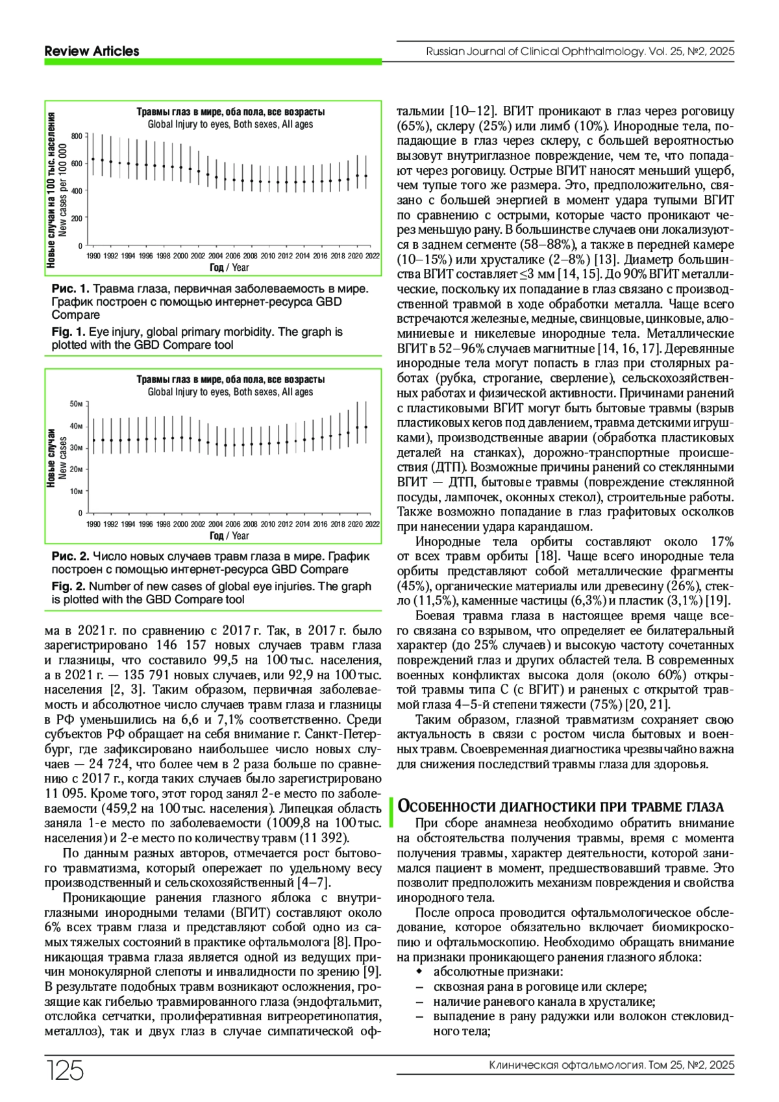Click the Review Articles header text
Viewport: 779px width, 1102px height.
[92, 51]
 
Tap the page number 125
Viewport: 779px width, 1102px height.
[65, 1070]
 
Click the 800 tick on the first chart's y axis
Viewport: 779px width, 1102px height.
[76, 136]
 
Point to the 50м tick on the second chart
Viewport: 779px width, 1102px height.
[76, 404]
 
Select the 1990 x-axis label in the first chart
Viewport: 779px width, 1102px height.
[93, 256]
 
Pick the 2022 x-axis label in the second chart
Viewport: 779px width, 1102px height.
[373, 524]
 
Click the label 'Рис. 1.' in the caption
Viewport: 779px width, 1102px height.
[70, 288]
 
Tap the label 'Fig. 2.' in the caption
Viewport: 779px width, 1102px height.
[68, 586]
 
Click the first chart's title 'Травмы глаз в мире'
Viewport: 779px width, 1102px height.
[230, 112]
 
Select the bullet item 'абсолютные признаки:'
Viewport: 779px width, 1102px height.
[498, 971]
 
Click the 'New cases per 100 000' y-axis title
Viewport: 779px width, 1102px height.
[64, 190]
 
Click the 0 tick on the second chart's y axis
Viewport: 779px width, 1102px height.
[80, 513]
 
